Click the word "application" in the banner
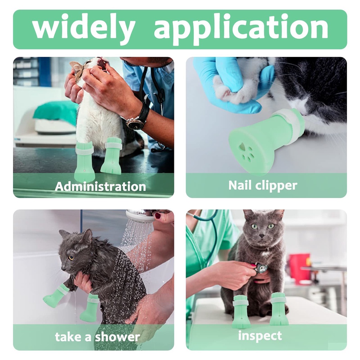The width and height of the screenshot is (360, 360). point(241,28)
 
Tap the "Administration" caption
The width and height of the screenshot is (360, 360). point(100,186)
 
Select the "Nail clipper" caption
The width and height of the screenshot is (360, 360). point(263,186)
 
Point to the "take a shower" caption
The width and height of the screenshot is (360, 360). point(97,337)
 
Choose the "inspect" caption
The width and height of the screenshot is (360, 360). point(260,336)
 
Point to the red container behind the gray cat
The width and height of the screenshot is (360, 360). point(300,266)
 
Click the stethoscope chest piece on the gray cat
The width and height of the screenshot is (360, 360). point(262,268)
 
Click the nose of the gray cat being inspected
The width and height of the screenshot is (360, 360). point(262,236)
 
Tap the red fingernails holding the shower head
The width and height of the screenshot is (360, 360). point(158,216)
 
